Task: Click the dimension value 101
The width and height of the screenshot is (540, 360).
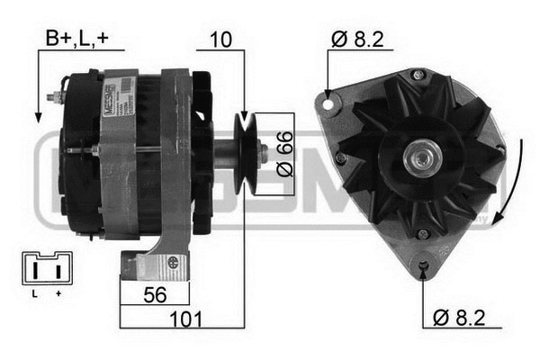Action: coord(186,319)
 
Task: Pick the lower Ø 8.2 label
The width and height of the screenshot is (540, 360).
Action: coord(462,317)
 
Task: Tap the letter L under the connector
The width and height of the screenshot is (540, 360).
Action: coord(33,293)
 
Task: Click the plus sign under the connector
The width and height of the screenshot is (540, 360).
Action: coord(58,293)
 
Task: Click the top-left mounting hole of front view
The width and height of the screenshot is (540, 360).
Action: coord(328,105)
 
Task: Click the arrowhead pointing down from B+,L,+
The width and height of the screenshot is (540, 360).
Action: coord(37,114)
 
